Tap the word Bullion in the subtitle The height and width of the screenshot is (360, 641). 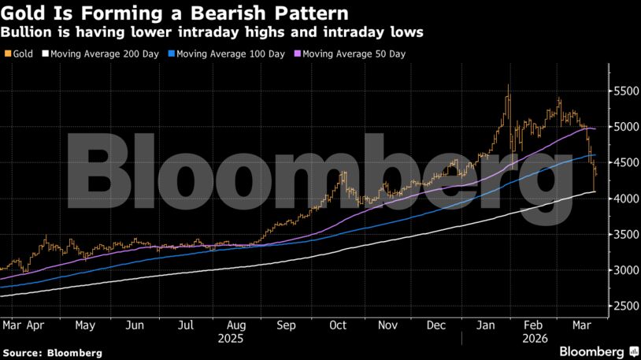point(24,33)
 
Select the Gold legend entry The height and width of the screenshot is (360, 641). point(21,54)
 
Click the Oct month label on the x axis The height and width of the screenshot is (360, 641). point(338,325)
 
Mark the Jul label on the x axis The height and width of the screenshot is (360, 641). point(186,325)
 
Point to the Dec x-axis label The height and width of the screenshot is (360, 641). point(437,325)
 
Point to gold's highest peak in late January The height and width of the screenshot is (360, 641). point(508,85)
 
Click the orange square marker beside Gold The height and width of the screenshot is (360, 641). point(7,54)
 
